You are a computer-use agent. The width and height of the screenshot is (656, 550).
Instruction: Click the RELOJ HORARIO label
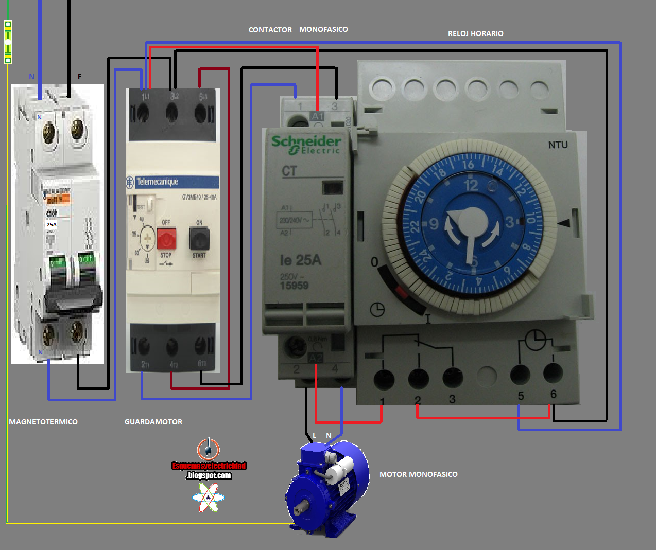(x=475, y=33)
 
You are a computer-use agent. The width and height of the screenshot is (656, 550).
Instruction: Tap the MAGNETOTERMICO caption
(x=43, y=422)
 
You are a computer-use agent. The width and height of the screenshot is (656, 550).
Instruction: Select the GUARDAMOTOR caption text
(x=153, y=422)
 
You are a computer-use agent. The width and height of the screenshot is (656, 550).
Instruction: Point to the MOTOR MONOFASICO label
(x=418, y=474)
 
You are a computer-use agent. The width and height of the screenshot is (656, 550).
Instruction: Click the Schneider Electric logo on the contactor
(x=306, y=144)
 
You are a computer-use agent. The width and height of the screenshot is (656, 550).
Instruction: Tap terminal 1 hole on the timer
(x=384, y=380)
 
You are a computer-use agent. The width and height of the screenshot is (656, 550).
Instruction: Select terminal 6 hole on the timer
(x=553, y=373)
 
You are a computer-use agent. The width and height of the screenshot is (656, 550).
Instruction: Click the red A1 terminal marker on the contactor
(x=317, y=116)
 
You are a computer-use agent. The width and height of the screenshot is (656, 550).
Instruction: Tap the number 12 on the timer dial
(x=471, y=185)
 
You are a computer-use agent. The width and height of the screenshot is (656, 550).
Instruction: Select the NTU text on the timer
(x=558, y=145)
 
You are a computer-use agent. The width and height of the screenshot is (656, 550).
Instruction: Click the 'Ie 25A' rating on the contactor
(x=300, y=260)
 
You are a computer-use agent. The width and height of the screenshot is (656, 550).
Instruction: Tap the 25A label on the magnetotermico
(x=51, y=225)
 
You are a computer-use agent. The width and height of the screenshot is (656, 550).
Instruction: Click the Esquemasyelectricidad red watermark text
(x=209, y=466)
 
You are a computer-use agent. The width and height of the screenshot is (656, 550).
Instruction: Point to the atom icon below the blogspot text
(x=208, y=498)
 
